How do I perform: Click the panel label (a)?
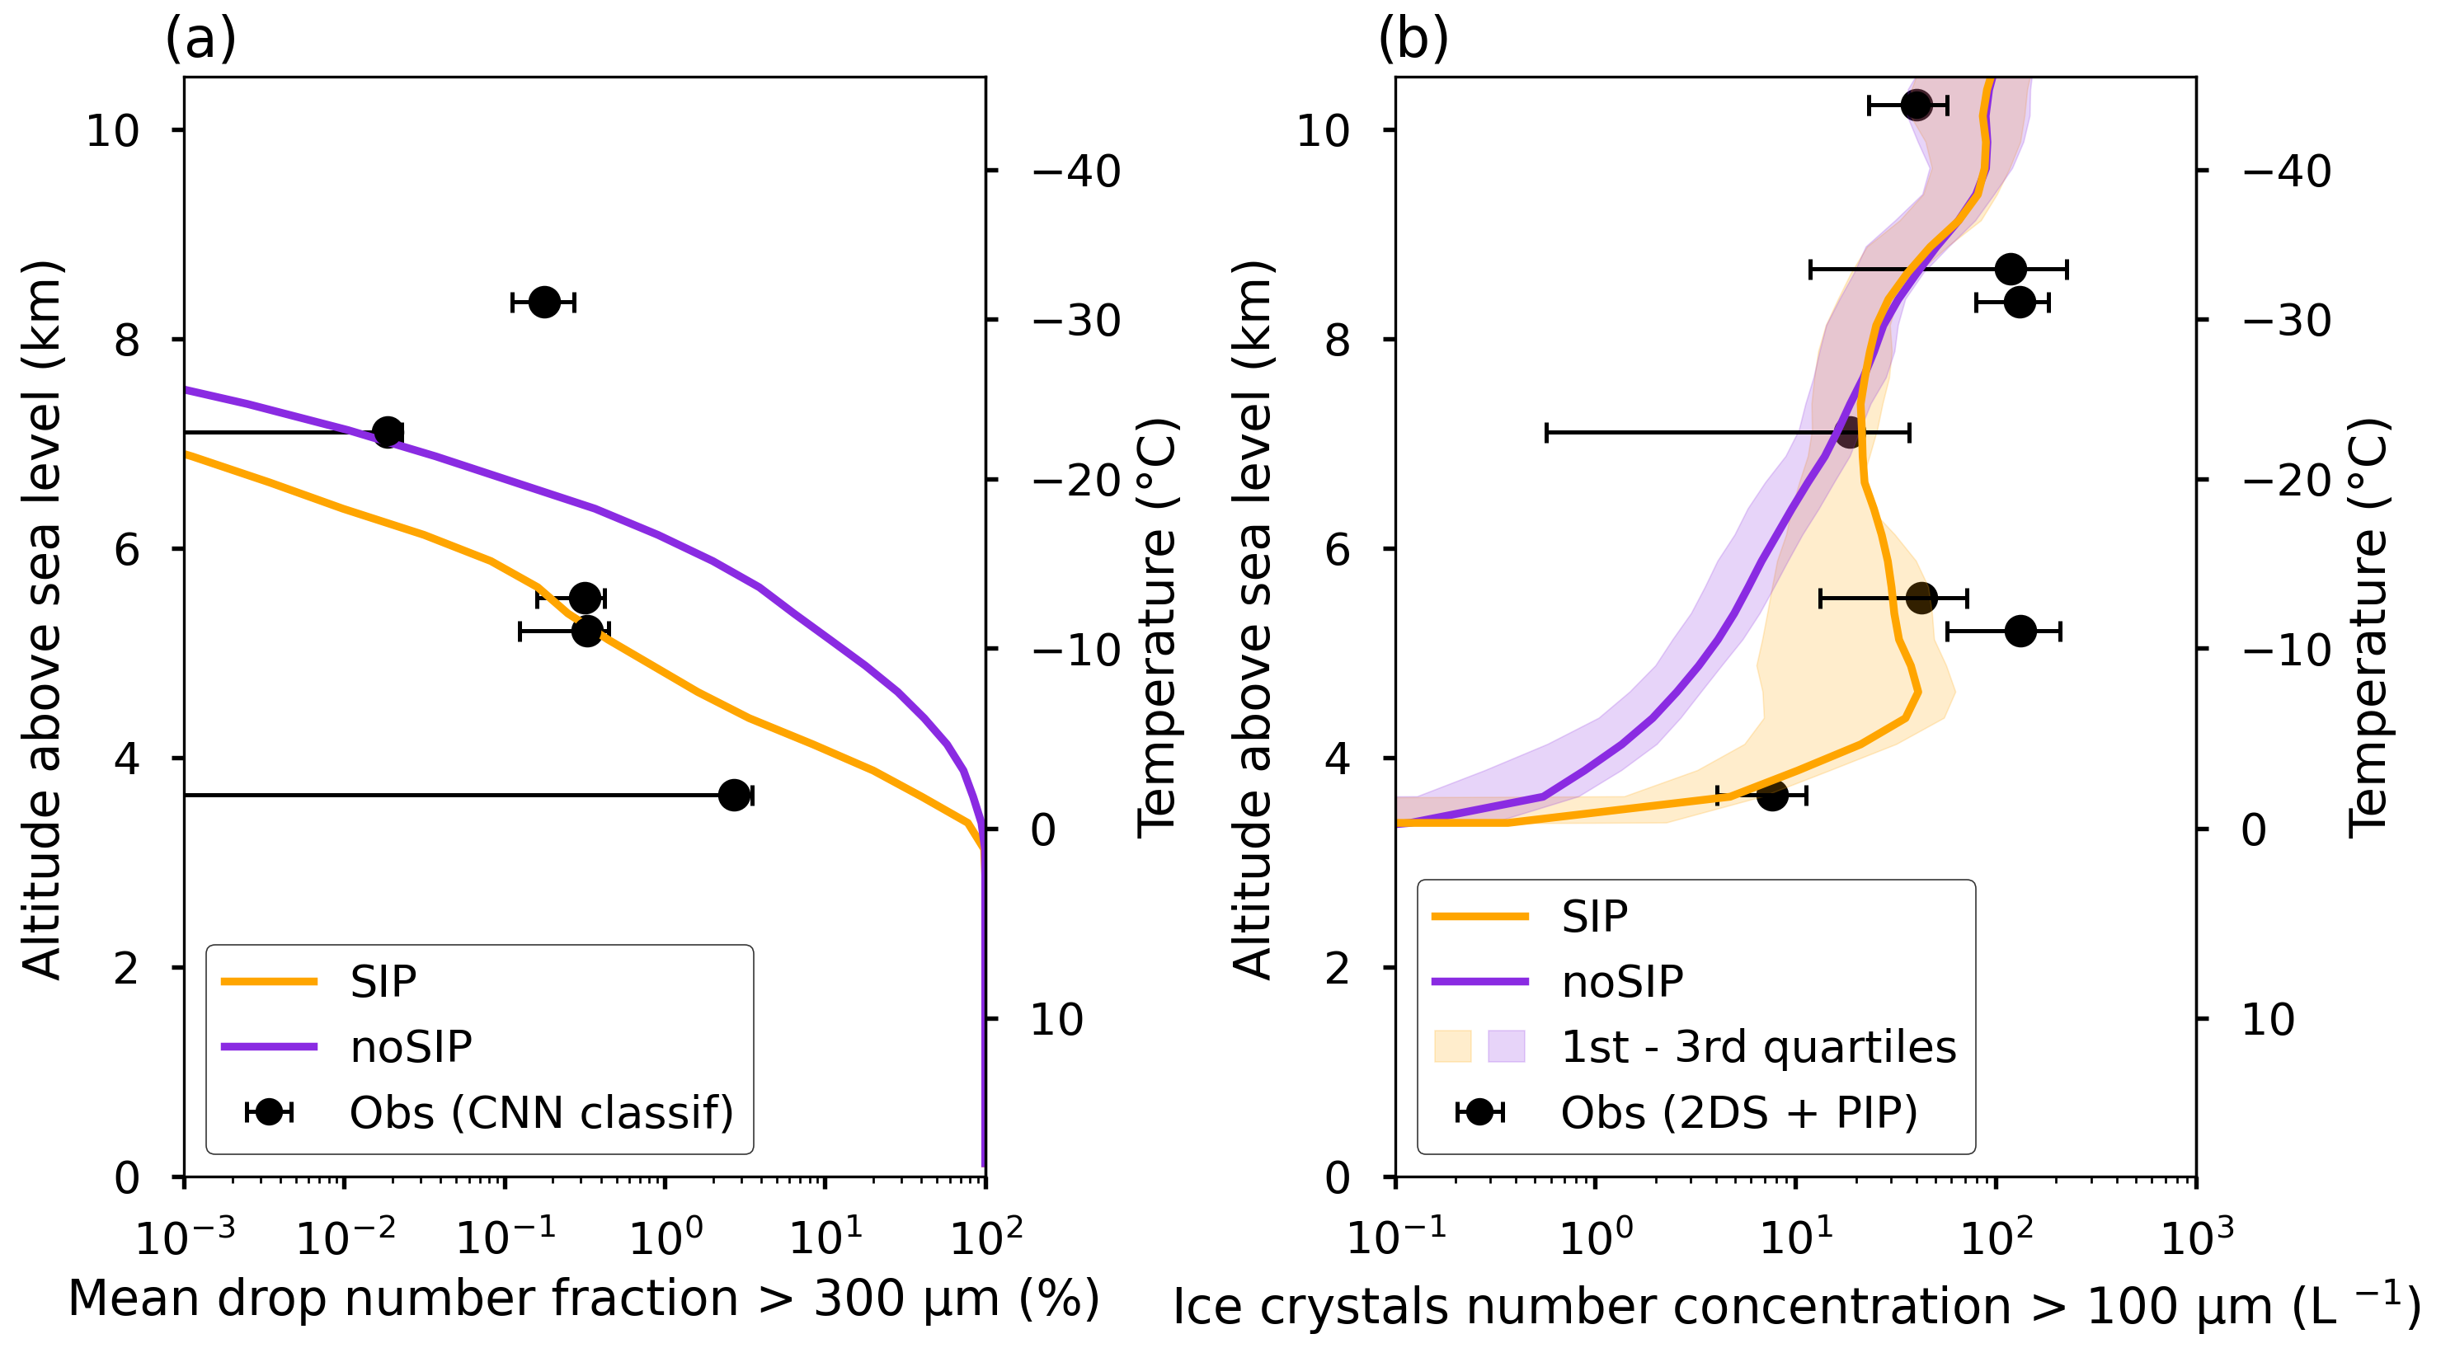tap(200, 40)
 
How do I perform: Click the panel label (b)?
tap(1412, 40)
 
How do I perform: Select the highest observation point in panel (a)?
tap(544, 303)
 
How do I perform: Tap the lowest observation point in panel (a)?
tap(733, 795)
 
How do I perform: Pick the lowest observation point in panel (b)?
tap(1772, 795)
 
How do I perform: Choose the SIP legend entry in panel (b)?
tap(1594, 916)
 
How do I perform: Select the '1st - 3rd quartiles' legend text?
tap(1758, 1047)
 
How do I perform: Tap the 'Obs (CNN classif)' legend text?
tap(541, 1112)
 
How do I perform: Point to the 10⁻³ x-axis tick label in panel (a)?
tap(185, 1236)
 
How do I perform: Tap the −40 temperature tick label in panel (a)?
tap(1075, 171)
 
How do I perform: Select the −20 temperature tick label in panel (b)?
tap(2287, 481)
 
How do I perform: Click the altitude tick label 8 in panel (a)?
tap(127, 339)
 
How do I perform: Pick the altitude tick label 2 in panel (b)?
tap(1337, 968)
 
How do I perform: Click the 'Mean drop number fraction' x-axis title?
tap(583, 1298)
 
